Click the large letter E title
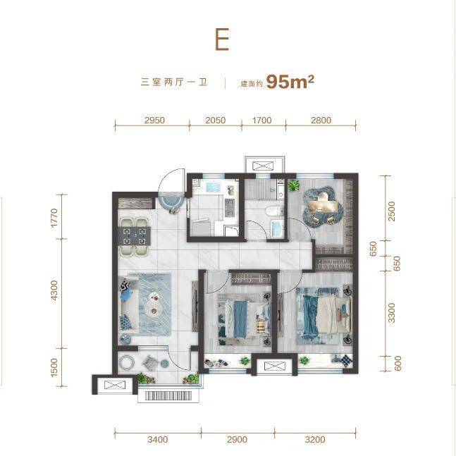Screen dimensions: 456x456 [x=222, y=39]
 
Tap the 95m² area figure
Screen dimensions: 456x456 [x=290, y=82]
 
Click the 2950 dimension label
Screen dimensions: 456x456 [x=154, y=120]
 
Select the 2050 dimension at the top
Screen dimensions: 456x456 [x=216, y=120]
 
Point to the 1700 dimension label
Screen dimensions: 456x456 [x=261, y=120]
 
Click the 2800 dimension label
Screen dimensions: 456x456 [x=321, y=120]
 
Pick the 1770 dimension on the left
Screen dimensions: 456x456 [x=54, y=218]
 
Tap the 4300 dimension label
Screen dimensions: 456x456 [x=54, y=292]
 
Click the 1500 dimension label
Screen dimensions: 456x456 [x=54, y=368]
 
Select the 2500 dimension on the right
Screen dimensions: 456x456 [x=392, y=211]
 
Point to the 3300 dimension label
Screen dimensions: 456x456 [x=392, y=313]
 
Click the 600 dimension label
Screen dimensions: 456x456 [x=398, y=363]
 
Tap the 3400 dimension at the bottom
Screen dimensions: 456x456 [x=158, y=439]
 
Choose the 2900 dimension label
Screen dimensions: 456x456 [x=238, y=439]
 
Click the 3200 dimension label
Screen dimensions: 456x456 [x=315, y=439]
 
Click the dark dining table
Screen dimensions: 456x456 [x=134, y=236]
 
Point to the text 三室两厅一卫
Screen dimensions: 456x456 [x=174, y=82]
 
